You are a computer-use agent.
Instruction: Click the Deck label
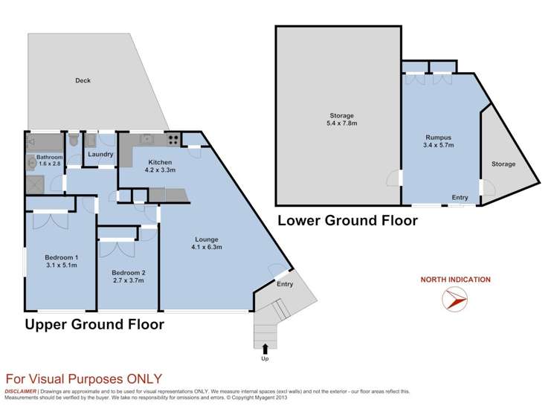tap(83, 80)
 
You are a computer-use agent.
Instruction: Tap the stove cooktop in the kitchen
tap(174, 139)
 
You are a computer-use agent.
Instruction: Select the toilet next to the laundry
tap(74, 140)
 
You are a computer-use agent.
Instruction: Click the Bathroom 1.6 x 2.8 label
tap(49, 160)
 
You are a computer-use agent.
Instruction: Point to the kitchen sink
tap(147, 139)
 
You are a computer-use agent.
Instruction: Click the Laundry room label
tap(100, 154)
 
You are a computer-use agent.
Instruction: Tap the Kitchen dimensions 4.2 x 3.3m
tap(160, 170)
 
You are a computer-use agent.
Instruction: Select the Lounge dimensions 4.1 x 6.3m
tap(207, 247)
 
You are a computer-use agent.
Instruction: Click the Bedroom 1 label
tap(62, 257)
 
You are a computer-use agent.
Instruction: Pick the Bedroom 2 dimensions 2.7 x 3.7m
tap(128, 280)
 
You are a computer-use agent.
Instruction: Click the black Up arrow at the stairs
tap(265, 349)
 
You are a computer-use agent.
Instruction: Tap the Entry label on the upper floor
tap(285, 284)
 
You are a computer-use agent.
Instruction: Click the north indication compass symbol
tap(454, 299)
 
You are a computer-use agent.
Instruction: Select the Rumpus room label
tap(438, 137)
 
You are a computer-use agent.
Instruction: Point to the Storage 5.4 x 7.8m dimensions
tap(342, 123)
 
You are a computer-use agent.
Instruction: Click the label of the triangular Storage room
tap(503, 164)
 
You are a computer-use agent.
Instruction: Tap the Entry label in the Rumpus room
tap(460, 198)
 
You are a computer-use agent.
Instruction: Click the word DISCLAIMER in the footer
tap(20, 391)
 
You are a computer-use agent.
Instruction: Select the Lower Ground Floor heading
tap(347, 220)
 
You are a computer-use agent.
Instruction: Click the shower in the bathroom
tap(35, 185)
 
